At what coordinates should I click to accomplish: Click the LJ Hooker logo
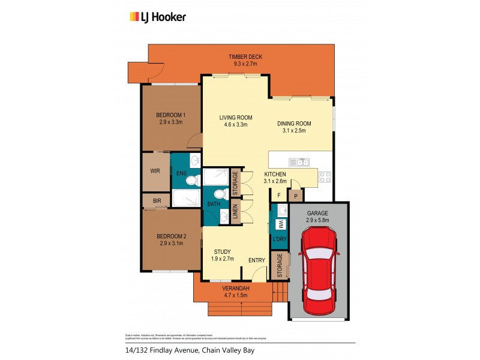158,17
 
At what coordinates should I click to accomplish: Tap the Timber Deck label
245,57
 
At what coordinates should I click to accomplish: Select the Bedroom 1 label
170,115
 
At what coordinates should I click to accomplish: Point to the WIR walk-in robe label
155,171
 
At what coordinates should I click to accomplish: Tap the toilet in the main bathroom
220,195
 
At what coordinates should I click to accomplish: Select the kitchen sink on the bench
299,161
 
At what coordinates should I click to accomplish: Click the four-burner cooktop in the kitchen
325,177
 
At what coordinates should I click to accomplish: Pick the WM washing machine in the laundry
279,224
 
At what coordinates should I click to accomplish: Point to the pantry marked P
296,196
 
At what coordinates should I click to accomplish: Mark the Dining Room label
291,124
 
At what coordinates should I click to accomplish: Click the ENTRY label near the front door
257,260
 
